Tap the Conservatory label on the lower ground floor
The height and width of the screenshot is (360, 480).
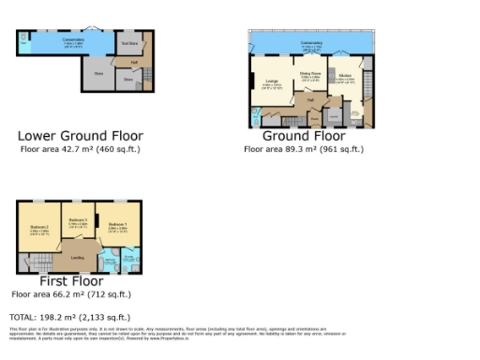click(73, 39)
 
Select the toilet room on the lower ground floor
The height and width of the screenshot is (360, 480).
click(22, 45)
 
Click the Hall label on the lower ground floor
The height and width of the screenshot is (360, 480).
click(134, 62)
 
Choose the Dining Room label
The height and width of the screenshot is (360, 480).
click(309, 73)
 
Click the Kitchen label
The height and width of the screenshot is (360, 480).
click(344, 75)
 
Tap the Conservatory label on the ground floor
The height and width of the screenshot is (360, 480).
click(311, 42)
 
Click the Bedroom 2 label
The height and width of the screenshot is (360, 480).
click(38, 228)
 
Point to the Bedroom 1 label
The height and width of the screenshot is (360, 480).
click(116, 225)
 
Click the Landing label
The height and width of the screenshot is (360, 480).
click(79, 257)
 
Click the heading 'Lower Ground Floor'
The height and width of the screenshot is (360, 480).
click(81, 136)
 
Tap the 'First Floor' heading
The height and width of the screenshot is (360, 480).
click(71, 280)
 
